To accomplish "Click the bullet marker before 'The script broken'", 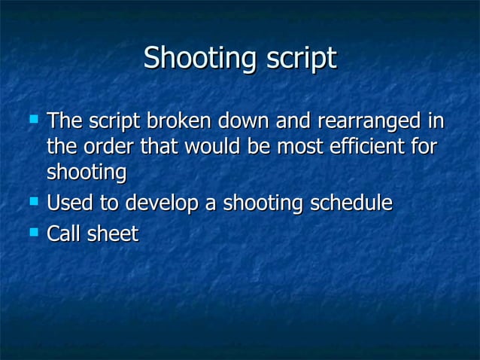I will coord(32,119).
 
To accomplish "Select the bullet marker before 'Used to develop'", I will coord(32,202).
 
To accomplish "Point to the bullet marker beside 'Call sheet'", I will coord(32,233).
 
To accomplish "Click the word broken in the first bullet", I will coord(180,121).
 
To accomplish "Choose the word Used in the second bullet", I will coord(66,203).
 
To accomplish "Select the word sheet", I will coord(113,234).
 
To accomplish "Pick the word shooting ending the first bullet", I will coord(86,172).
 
